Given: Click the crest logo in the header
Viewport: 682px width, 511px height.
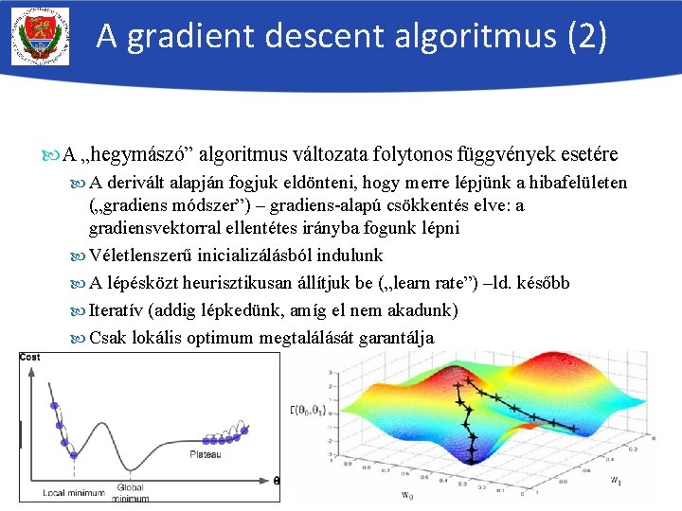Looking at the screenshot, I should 40,37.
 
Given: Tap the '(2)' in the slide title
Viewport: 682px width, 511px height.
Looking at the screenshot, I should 585,37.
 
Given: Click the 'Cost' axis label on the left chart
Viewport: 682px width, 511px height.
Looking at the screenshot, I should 29,357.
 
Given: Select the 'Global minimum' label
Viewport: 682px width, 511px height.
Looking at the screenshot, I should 130,492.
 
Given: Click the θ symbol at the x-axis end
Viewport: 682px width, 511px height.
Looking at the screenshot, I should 277,480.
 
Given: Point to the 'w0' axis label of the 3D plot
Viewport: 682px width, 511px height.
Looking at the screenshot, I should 406,495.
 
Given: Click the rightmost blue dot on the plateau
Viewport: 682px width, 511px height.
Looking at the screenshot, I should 243,432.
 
